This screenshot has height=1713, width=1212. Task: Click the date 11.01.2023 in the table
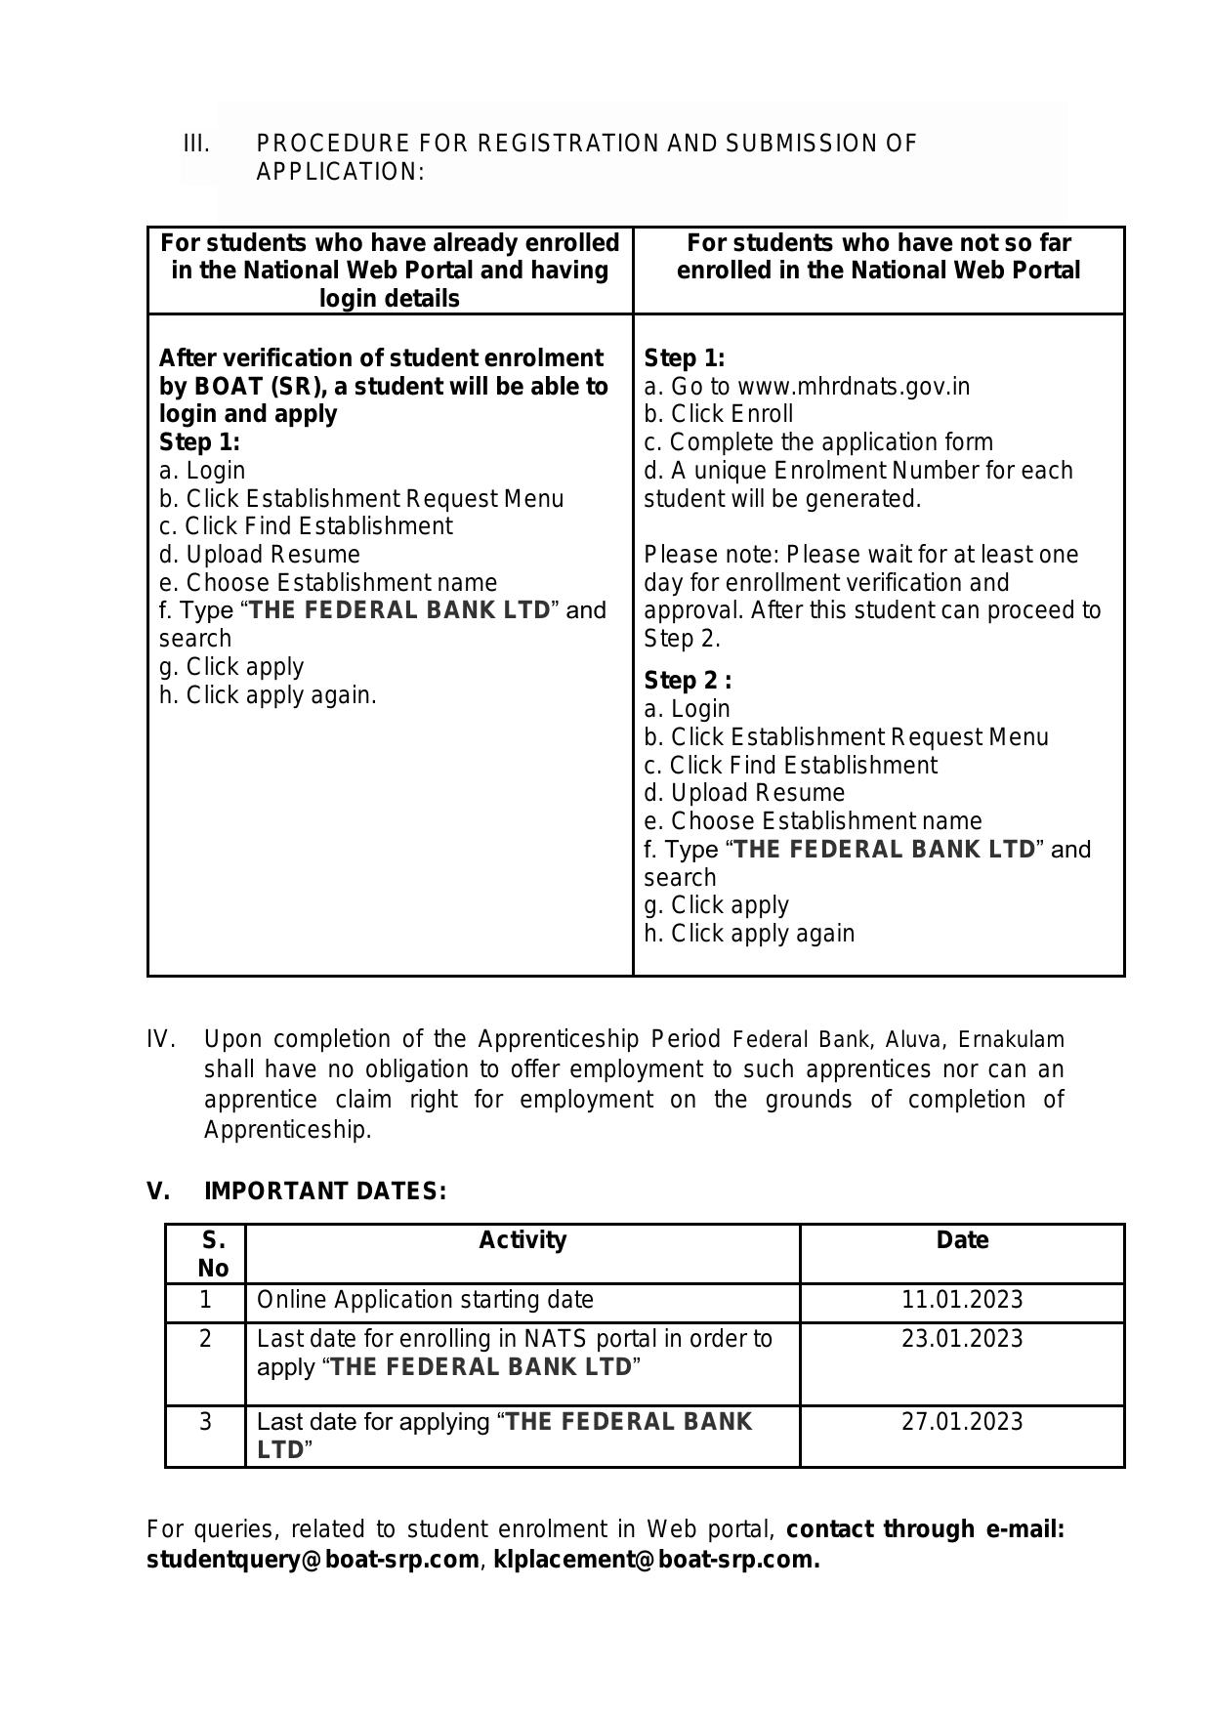pos(961,1300)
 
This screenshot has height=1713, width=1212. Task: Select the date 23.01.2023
pos(961,1338)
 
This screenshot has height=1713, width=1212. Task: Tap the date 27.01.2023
pos(961,1421)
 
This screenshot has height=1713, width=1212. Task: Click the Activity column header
pos(522,1240)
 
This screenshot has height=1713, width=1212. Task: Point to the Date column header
pos(961,1240)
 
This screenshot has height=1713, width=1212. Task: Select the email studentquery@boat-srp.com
pos(313,1559)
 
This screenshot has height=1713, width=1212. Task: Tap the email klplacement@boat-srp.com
pos(655,1559)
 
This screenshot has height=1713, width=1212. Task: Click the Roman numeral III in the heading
pos(196,144)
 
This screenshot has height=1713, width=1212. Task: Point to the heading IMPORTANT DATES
pos(324,1191)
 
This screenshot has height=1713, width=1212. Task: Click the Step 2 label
pos(687,681)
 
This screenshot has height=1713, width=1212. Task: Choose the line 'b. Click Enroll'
pos(718,414)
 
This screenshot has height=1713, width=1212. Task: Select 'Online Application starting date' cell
pos(425,1300)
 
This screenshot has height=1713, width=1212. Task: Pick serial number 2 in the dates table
pos(205,1338)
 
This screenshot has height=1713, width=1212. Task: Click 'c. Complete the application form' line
pos(817,442)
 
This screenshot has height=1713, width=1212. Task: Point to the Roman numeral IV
pos(160,1039)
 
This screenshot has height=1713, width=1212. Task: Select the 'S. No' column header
pos(212,1254)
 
